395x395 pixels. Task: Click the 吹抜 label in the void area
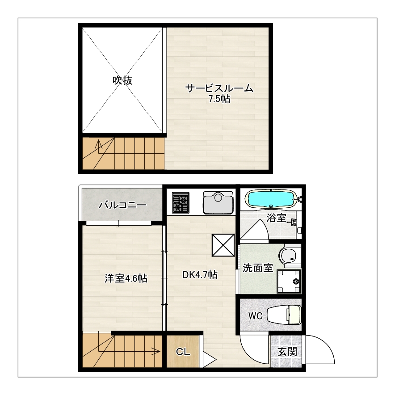click(122, 80)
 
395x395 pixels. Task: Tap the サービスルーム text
click(219, 88)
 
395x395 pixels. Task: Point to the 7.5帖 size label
click(219, 99)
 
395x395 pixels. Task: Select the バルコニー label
click(122, 205)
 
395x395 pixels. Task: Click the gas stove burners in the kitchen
click(181, 202)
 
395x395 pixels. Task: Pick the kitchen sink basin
click(218, 203)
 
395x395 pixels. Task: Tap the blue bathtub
click(271, 199)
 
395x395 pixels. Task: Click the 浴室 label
click(276, 218)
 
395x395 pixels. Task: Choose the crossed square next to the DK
click(223, 245)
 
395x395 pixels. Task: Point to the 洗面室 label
click(258, 268)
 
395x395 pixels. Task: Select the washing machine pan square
click(289, 281)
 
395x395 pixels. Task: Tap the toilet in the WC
click(284, 315)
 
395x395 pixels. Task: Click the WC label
click(256, 316)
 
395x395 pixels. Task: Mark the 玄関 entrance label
click(287, 352)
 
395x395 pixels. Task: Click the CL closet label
click(183, 352)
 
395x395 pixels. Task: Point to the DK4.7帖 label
click(200, 275)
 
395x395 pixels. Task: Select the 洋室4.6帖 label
click(126, 278)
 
